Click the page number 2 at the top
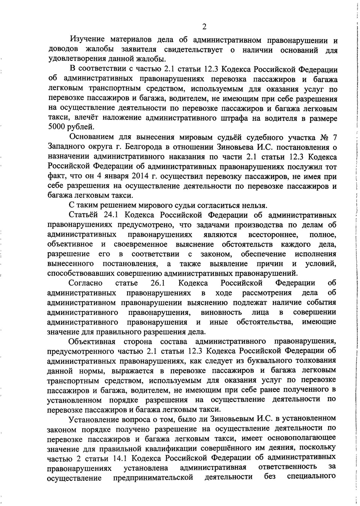204,26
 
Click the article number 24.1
110,215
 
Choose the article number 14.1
121,458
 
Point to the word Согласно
85,283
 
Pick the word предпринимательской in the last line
153,477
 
